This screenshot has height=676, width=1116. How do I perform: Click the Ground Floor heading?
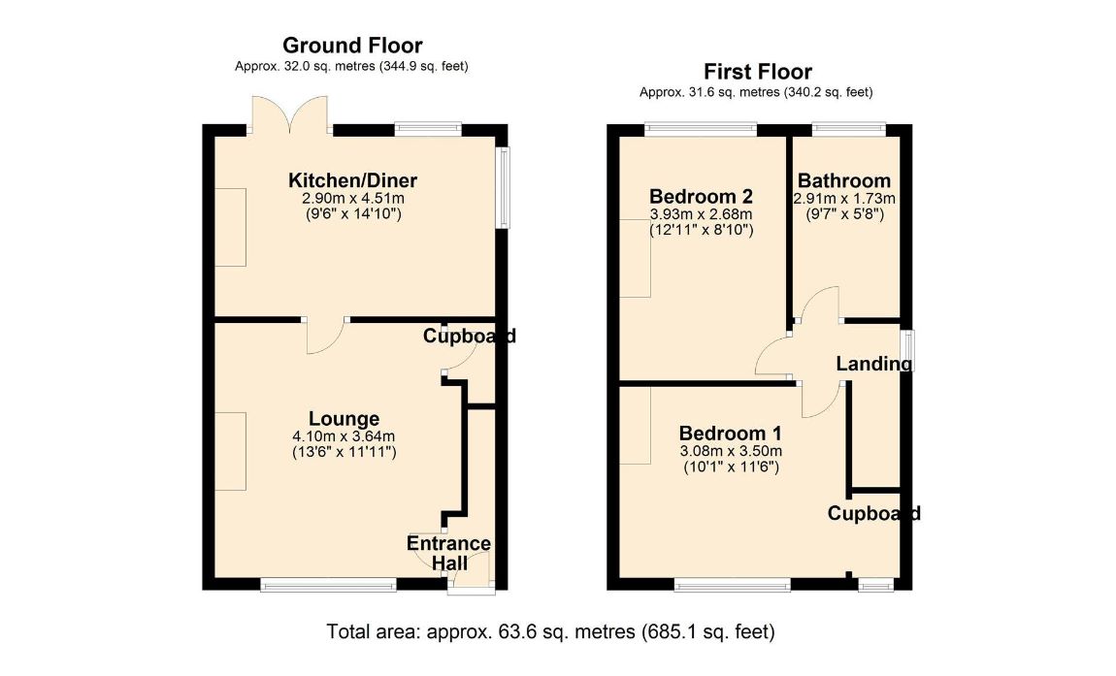click(352, 46)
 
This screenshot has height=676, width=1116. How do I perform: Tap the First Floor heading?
click(758, 72)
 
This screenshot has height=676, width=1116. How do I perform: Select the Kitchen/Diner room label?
click(352, 180)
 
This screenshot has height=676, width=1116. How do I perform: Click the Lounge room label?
click(344, 418)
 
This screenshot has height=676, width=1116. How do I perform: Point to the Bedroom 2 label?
click(701, 196)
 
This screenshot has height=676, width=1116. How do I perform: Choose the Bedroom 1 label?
click(730, 433)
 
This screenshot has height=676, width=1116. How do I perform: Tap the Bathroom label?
click(844, 180)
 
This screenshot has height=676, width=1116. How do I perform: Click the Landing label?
click(874, 364)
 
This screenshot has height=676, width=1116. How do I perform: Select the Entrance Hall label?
click(449, 553)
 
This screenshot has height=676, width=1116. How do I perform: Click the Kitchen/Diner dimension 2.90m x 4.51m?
click(353, 199)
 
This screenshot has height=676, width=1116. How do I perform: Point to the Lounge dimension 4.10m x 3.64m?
click(344, 436)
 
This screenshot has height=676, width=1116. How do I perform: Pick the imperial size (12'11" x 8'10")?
click(701, 230)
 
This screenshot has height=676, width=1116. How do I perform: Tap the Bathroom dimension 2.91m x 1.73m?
click(844, 199)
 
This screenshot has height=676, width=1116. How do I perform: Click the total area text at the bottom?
click(551, 631)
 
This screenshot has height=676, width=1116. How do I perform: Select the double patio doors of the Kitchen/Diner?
click(290, 114)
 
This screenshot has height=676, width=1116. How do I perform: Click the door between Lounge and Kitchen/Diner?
click(327, 335)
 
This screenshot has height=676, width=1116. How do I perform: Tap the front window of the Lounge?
click(328, 585)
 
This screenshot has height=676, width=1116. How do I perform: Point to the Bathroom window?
click(849, 130)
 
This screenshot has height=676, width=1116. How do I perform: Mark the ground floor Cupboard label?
click(469, 336)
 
